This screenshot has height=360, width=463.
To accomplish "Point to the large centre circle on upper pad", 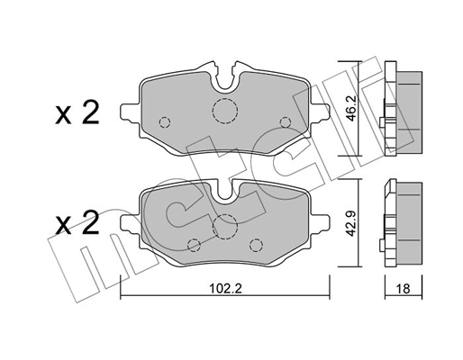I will [x=222, y=111].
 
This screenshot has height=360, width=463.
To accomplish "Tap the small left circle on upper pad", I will [x=164, y=122].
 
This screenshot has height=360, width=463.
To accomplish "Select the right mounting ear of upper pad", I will [x=320, y=113].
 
